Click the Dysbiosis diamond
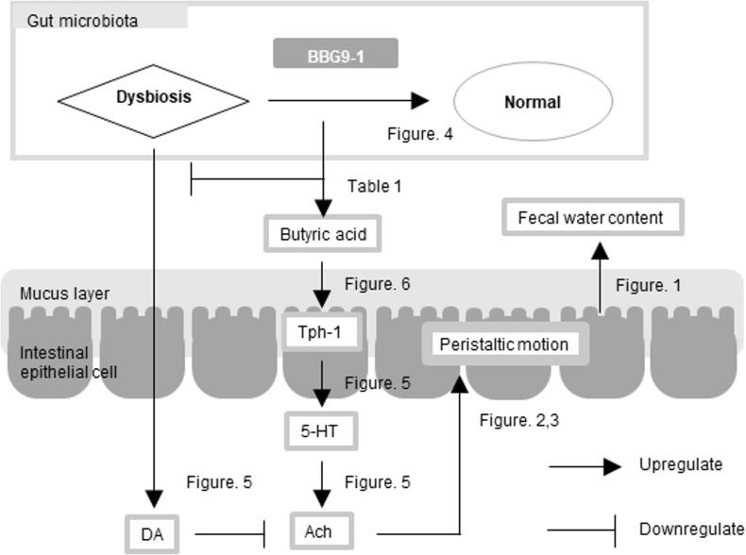pos(153,98)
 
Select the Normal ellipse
pos(534,102)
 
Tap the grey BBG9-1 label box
pos(335,54)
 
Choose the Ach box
pos(325,531)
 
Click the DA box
pos(153,532)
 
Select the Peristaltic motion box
pos(504,344)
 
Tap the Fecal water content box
pos(591,218)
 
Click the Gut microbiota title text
pos(83,19)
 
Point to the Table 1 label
pos(374,187)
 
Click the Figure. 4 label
pos(420,134)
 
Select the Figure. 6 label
pos(378,283)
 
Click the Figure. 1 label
pos(649,284)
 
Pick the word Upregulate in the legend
pos(681,464)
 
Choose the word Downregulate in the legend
pos(691,529)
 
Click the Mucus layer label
pos(64,294)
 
